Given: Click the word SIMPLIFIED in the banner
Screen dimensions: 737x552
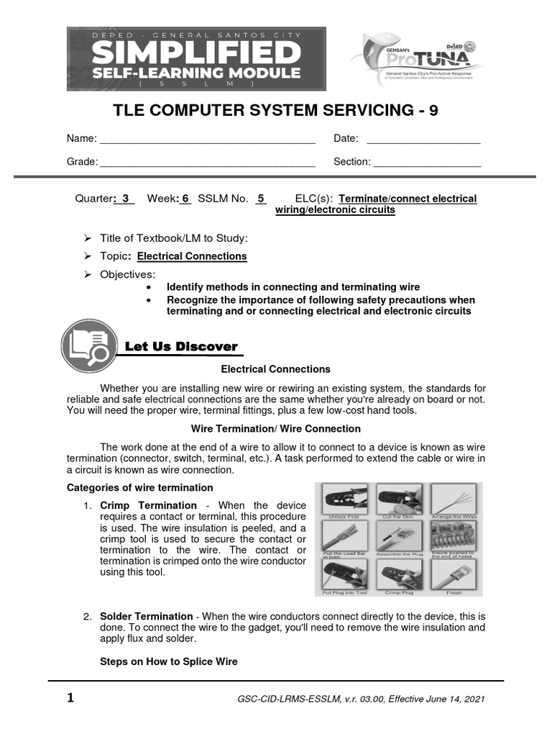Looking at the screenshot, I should [196, 53].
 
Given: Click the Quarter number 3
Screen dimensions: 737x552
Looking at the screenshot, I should [126, 199].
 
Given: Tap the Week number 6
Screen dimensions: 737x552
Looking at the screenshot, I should [185, 199].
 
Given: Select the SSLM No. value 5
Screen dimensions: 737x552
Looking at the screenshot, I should [261, 199].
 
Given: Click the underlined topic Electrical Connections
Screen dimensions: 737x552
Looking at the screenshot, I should [192, 256].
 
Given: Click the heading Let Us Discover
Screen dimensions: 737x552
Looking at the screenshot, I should [181, 347].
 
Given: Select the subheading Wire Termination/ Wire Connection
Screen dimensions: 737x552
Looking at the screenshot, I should [275, 429].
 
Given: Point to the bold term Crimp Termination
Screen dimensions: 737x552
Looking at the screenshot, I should [148, 505].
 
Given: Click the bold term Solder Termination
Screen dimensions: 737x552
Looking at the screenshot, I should [147, 617].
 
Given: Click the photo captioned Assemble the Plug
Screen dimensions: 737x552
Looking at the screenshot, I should [396, 538].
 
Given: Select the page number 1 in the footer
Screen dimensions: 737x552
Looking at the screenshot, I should [70, 698].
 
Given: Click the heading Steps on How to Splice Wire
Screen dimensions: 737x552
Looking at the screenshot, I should [169, 661].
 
